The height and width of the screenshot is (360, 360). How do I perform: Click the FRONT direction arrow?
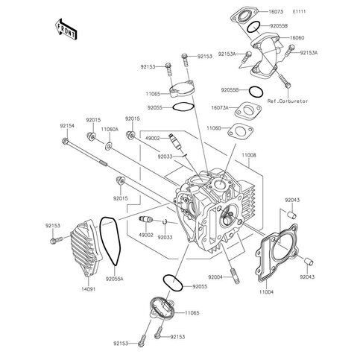pyautogui.click(x=66, y=29)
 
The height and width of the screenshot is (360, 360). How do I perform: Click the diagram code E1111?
pyautogui.click(x=299, y=11)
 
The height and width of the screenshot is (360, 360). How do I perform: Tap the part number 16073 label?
pyautogui.click(x=276, y=12)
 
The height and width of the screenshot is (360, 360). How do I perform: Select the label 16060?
pyautogui.click(x=297, y=38)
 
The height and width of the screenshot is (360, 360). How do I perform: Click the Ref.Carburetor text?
pyautogui.click(x=288, y=101)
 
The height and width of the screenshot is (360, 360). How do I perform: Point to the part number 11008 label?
pyautogui.click(x=249, y=155)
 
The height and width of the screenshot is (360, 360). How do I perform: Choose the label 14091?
pyautogui.click(x=89, y=289)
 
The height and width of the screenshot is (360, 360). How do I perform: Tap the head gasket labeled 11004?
pyautogui.click(x=277, y=253)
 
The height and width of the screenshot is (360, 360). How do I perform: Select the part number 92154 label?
pyautogui.click(x=67, y=126)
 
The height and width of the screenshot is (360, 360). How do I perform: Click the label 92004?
pyautogui.click(x=215, y=277)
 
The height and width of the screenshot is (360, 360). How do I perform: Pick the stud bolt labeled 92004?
pyautogui.click(x=236, y=276)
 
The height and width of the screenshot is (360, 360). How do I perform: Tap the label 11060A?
pyautogui.click(x=110, y=130)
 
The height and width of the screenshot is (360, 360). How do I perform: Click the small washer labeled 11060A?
pyautogui.click(x=109, y=146)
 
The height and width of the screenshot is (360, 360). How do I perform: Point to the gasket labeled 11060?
pyautogui.click(x=240, y=131)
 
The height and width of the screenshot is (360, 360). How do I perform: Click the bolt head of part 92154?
pyautogui.click(x=65, y=141)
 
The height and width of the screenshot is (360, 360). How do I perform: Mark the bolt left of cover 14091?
pyautogui.click(x=57, y=240)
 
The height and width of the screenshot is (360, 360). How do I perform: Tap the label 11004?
pyautogui.click(x=266, y=292)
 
